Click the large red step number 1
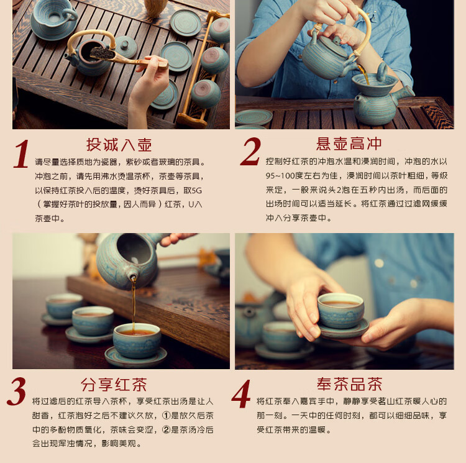(21, 154)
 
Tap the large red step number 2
(250, 152)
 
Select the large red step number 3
(16, 391)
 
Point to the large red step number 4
(241, 393)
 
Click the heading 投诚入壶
(119, 145)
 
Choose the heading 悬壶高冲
(349, 144)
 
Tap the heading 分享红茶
(114, 385)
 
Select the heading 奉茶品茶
(349, 384)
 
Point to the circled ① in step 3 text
(166, 415)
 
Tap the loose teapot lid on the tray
(126, 47)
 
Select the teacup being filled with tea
(137, 341)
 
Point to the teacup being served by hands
(340, 311)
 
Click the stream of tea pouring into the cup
(134, 303)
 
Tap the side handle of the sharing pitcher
(405, 92)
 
